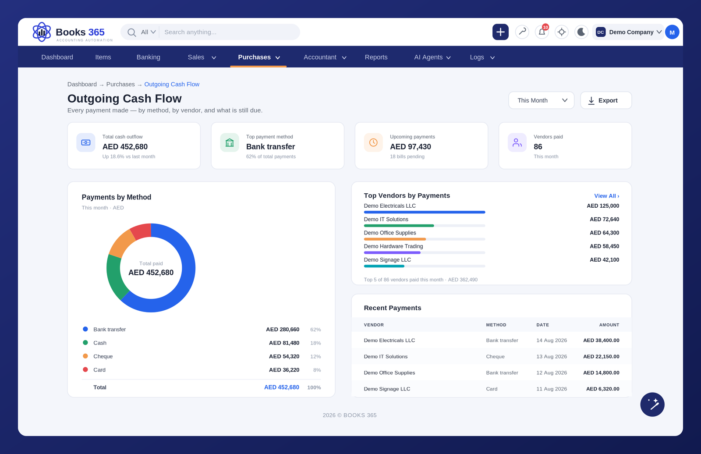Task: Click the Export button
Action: pos(606,100)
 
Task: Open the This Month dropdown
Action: pos(541,100)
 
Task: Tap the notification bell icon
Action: pos(542,32)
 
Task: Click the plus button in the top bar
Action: pos(500,32)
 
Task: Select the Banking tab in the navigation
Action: pos(149,57)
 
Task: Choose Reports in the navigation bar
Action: pos(376,57)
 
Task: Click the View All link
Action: pos(606,196)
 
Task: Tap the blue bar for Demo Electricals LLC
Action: pos(425,212)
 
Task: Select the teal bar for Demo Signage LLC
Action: pos(384,266)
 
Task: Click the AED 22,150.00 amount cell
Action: pos(601,356)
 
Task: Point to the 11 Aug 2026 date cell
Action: pos(552,389)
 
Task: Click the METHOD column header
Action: pos(496,325)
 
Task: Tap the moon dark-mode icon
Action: pos(581,32)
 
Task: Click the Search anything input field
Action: pos(230,32)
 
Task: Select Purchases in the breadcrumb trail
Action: pos(120,84)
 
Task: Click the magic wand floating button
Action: pos(652,404)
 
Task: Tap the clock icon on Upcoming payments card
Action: pos(373,142)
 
